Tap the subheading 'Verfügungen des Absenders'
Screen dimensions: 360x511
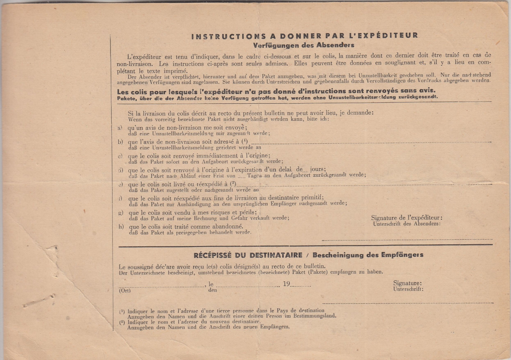tap(303, 45)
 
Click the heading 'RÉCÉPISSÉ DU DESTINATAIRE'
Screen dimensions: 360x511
tap(248, 255)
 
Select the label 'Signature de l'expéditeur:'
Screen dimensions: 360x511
tap(407, 218)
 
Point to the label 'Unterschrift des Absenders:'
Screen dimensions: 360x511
tap(407, 224)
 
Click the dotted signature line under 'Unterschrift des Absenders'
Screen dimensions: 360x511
tap(407, 239)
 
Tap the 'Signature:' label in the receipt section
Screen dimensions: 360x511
tap(407, 283)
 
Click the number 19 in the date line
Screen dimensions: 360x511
tap(287, 284)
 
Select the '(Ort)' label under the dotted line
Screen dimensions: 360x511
tap(125, 290)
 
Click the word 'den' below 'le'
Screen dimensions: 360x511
tap(213, 290)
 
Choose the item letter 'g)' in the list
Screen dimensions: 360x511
tap(121, 213)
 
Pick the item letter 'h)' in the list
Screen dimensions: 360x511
tap(121, 227)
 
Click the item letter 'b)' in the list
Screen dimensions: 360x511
tap(120, 142)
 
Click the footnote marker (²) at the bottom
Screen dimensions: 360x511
tap(122, 322)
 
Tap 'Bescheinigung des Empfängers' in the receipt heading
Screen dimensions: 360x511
tap(368, 255)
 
